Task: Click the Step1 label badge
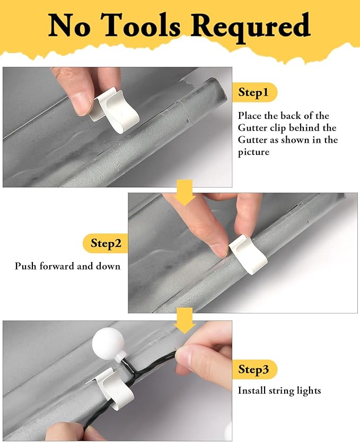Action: pos(254,93)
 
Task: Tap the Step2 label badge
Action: pos(106,244)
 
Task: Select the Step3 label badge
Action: pos(254,370)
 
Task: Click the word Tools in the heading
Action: pos(141,25)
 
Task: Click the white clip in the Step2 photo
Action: pos(247,254)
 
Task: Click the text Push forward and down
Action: pos(67,266)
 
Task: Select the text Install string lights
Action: pos(279,391)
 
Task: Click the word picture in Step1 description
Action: pos(254,152)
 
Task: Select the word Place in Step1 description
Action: pos(249,116)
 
